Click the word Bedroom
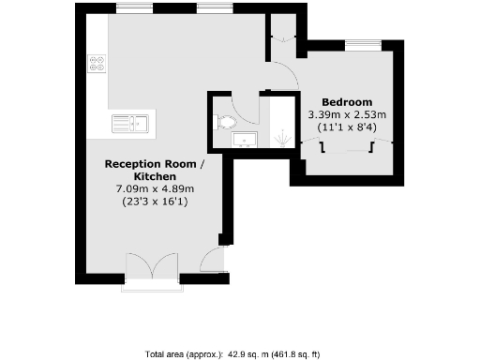347,101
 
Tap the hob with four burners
97,64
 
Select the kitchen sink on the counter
132,122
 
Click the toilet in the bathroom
225,122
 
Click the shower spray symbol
281,138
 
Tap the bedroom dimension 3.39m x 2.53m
347,114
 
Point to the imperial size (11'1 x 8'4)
348,127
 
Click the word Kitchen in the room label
155,176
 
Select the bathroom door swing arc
246,108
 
